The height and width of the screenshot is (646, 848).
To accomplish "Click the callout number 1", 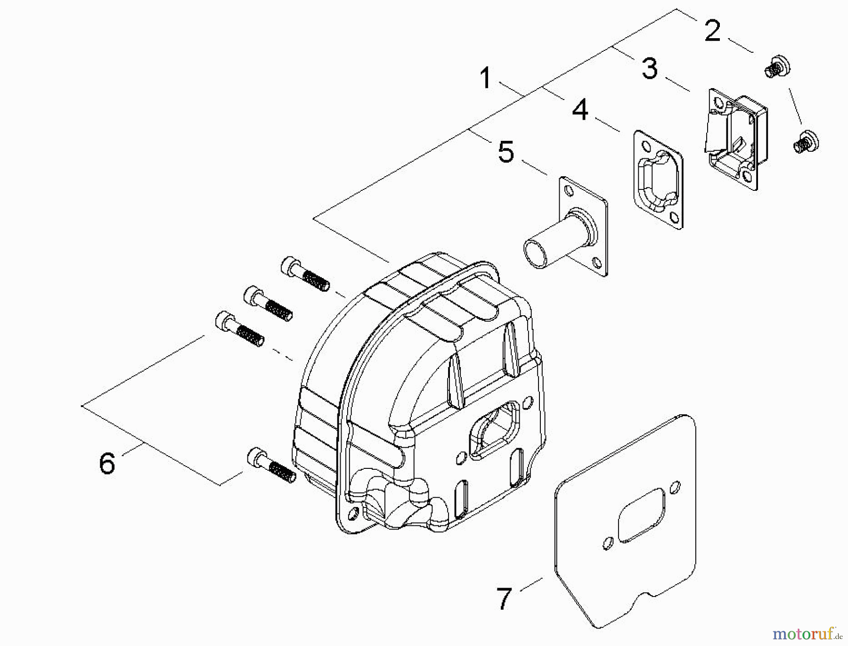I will [x=486, y=78].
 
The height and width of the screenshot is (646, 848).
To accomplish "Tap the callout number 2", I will [x=712, y=31].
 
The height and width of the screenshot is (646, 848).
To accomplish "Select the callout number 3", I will [x=650, y=68].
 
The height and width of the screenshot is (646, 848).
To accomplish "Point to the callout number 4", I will [x=580, y=110].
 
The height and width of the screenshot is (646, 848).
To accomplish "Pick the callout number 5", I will [x=506, y=152].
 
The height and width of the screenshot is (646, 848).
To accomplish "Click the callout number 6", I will [x=107, y=463].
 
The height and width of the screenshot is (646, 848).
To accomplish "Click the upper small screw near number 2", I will [x=776, y=67].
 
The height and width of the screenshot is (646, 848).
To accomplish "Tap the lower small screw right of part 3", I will [x=806, y=141].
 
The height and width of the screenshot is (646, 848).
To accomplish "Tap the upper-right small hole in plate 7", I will [x=675, y=487].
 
